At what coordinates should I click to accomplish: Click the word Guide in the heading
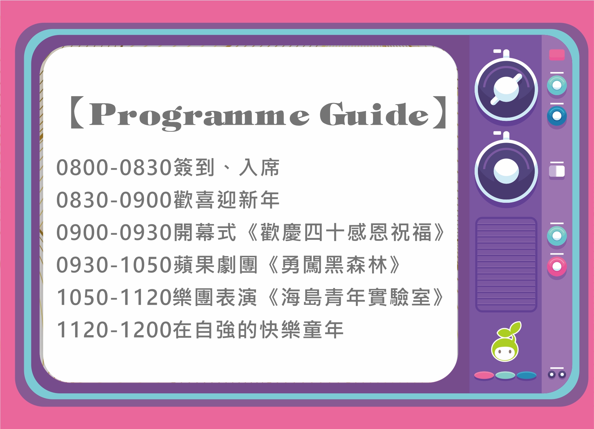[374, 114]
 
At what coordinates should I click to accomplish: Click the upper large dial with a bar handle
[506, 89]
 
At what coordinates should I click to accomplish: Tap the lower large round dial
[506, 171]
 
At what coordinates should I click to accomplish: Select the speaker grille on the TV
[506, 265]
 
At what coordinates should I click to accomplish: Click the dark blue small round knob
[557, 116]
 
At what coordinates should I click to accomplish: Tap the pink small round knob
[557, 266]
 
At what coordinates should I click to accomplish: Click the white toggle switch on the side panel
[557, 171]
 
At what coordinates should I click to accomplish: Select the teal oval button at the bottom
[505, 375]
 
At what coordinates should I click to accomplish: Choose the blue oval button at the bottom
[526, 375]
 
